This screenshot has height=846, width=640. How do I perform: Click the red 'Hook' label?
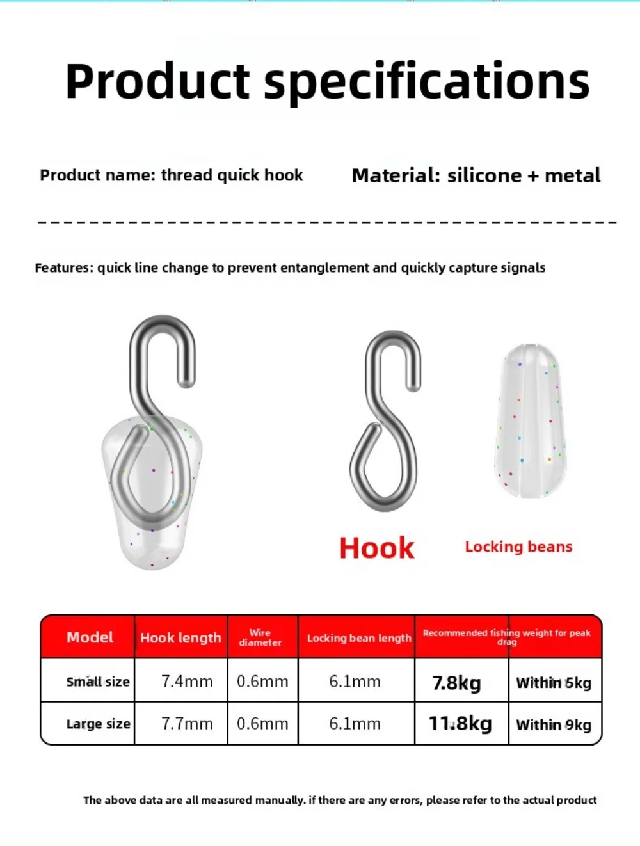point(377,548)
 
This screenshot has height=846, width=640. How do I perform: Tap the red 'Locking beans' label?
point(518,547)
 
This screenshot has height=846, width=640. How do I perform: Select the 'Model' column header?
point(90,637)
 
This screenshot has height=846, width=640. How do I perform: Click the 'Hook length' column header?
point(180,638)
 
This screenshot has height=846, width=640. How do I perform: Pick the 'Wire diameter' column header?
point(260,637)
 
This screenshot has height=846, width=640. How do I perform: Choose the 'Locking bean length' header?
point(359,638)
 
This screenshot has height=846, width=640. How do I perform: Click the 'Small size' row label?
point(98,682)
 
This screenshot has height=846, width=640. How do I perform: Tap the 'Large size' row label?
point(99,724)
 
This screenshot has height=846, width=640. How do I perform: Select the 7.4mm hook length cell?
point(187,682)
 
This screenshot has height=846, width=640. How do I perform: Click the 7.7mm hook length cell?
point(187,724)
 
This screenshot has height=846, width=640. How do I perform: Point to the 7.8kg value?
point(456,683)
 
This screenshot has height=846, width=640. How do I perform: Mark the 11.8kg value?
point(460,724)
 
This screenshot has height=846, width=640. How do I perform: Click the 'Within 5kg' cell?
point(554,683)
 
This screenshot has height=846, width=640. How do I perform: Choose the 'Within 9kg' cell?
point(554,725)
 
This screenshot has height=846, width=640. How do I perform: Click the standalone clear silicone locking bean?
point(531,421)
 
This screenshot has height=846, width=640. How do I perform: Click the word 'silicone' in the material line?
point(484,175)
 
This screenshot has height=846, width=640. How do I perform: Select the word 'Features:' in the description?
point(64,267)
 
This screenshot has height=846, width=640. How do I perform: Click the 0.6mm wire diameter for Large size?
point(262,724)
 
